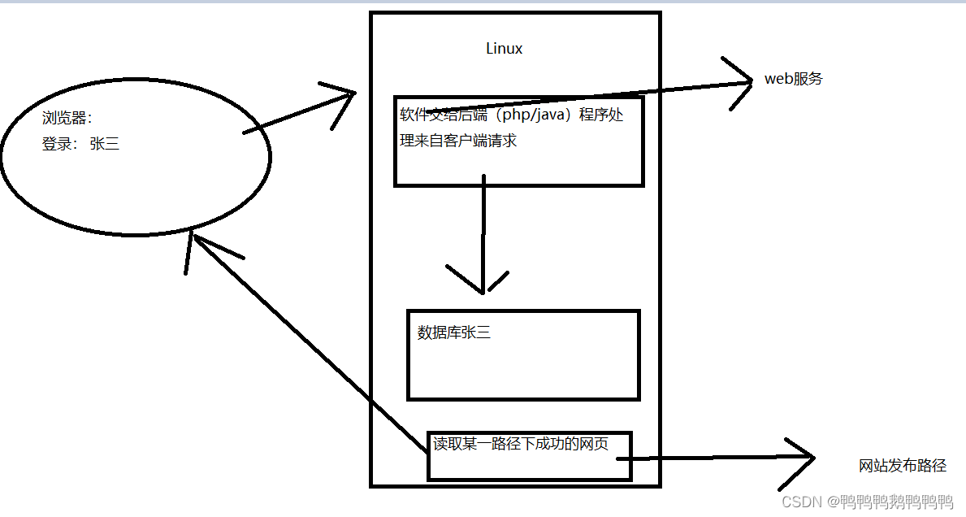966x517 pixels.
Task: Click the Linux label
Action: (504, 49)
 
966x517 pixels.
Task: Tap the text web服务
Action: (793, 79)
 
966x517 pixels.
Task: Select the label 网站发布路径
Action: (903, 466)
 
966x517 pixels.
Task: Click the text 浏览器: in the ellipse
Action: (68, 118)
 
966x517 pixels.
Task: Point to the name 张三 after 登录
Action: (105, 145)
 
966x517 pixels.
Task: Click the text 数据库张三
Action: (453, 332)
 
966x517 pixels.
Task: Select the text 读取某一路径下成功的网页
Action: (520, 444)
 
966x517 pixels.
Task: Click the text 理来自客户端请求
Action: (458, 141)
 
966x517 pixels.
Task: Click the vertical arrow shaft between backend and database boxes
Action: (483, 228)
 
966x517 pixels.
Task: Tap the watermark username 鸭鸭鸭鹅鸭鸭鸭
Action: (897, 501)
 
